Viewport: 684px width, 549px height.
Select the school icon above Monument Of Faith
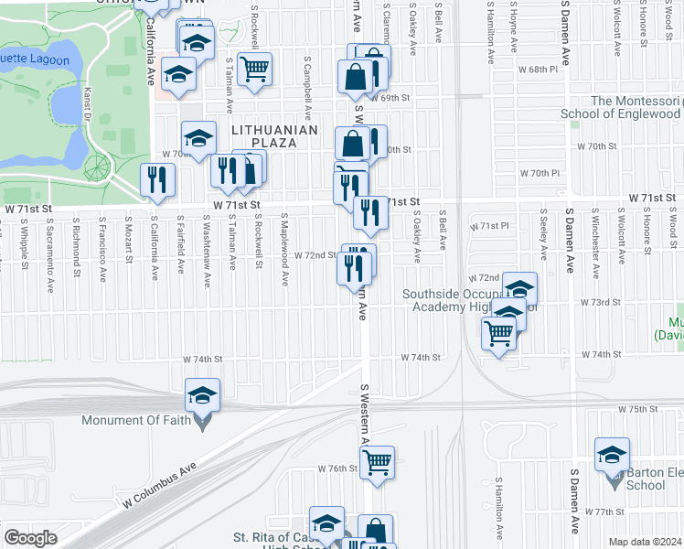[202, 395]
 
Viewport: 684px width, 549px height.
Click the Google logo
[30, 538]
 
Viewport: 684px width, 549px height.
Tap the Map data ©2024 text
[645, 542]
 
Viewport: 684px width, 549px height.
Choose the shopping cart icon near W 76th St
[378, 463]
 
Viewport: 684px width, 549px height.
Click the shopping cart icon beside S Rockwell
[254, 69]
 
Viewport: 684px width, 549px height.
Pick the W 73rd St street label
[601, 302]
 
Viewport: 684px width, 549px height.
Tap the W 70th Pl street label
[539, 173]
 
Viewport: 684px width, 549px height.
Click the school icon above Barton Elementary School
[612, 455]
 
